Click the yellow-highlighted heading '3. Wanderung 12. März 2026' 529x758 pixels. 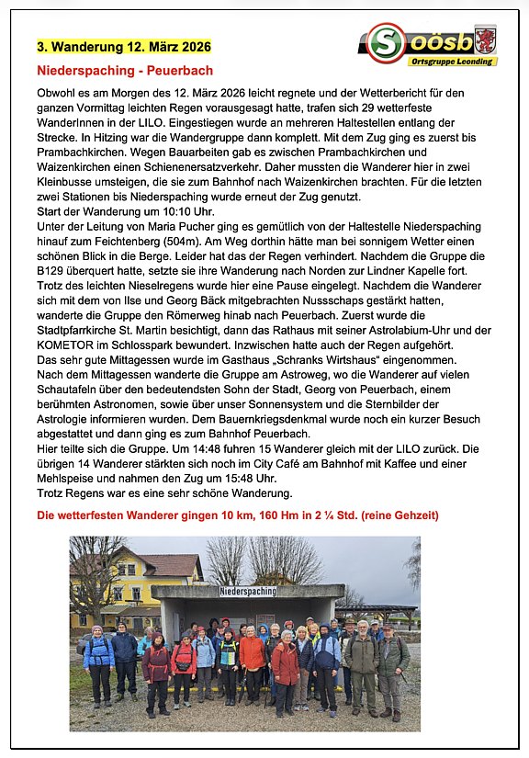pos(124,46)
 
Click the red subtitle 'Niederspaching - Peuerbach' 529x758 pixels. pos(125,70)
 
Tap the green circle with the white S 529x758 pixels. pos(387,42)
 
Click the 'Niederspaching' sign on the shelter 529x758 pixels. pos(248,592)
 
